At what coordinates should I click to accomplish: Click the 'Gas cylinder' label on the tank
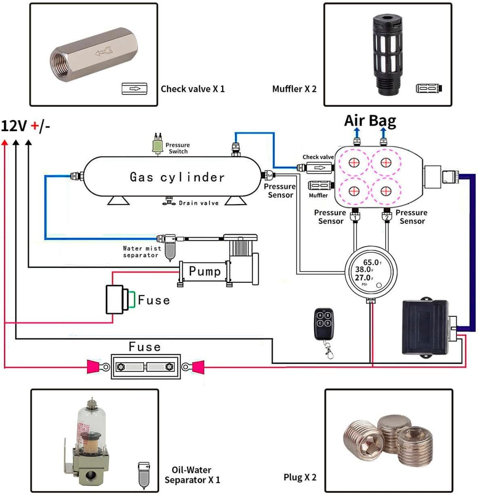pyautogui.click(x=177, y=177)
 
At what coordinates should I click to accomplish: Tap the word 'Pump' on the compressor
pyautogui.click(x=205, y=271)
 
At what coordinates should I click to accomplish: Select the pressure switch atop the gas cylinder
pyautogui.click(x=157, y=144)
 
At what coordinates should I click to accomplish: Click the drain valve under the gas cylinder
pyautogui.click(x=169, y=201)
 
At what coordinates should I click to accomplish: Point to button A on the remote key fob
pyautogui.click(x=320, y=315)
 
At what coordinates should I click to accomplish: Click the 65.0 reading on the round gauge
pyautogui.click(x=371, y=262)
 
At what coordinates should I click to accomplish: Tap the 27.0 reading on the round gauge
pyautogui.click(x=363, y=277)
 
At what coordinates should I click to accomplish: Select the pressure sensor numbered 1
pyautogui.click(x=355, y=216)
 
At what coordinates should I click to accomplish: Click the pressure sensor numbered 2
pyautogui.click(x=387, y=216)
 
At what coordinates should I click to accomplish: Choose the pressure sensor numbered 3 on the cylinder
pyautogui.click(x=268, y=175)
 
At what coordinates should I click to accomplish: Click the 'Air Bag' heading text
pyautogui.click(x=370, y=121)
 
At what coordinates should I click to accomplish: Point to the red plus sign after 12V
pyautogui.click(x=35, y=126)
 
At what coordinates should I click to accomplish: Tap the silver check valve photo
pyautogui.click(x=94, y=55)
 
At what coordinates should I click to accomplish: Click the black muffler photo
pyautogui.click(x=388, y=55)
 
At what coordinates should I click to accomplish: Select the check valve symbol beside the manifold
pyautogui.click(x=319, y=168)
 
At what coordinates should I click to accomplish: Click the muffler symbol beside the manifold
pyautogui.click(x=321, y=185)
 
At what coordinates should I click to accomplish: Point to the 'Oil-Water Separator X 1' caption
pyautogui.click(x=192, y=475)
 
